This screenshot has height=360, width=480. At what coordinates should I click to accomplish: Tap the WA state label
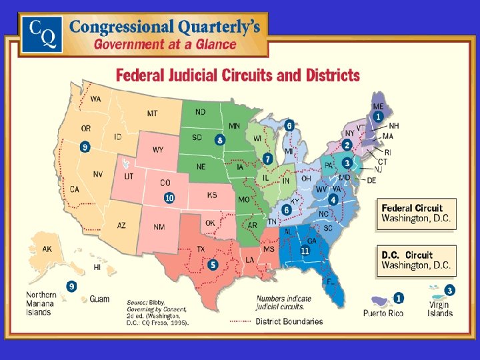[x=96, y=99]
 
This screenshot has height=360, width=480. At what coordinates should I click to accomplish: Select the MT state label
[x=152, y=114]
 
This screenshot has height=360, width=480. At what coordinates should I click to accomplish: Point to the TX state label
[x=200, y=249]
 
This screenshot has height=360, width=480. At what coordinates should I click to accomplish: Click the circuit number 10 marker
[x=169, y=197]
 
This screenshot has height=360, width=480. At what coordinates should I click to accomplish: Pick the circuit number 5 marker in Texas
[x=213, y=265]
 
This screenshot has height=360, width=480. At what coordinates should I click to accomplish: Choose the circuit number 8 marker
[x=219, y=140]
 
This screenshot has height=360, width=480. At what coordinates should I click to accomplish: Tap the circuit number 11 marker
[x=305, y=251]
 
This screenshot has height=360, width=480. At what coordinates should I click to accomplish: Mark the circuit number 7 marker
[x=267, y=159]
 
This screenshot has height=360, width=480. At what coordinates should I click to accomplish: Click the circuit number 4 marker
[x=333, y=199]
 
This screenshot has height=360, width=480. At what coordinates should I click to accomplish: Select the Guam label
[x=99, y=299]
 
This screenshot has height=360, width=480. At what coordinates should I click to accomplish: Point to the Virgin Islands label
[x=440, y=309]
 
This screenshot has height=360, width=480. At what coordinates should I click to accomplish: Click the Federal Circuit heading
[x=411, y=207]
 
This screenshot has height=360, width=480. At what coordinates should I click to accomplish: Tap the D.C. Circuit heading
[x=407, y=255]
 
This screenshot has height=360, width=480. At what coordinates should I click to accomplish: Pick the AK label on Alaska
[x=47, y=249]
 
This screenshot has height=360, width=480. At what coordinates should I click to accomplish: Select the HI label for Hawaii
[x=97, y=267]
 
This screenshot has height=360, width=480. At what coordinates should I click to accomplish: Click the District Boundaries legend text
[x=289, y=321]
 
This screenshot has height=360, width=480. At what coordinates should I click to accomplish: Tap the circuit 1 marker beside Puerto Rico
[x=398, y=298]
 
